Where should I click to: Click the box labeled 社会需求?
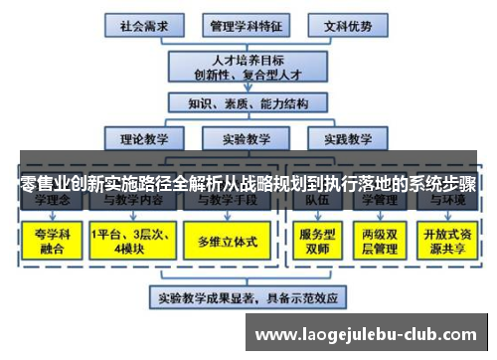(143, 23)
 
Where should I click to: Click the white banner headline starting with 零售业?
(248, 185)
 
